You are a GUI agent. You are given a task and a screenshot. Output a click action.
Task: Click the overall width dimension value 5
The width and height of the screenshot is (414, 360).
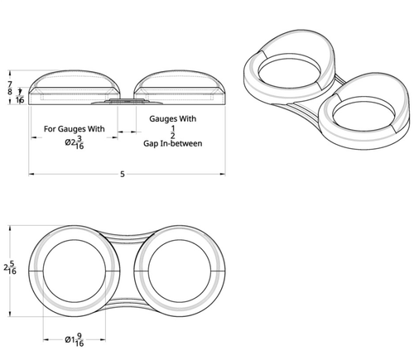pos(123,174)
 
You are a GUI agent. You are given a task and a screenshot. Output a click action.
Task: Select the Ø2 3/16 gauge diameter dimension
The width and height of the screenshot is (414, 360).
pos(75,142)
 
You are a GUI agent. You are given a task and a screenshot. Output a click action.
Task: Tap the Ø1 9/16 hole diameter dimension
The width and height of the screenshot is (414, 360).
pos(75,340)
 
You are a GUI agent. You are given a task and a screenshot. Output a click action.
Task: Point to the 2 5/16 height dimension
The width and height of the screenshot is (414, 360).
pos(10,267)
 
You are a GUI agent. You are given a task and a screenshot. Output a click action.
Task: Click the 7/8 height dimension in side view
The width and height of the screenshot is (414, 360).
pos(10,88)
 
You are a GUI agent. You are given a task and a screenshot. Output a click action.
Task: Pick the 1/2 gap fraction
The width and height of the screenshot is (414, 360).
pos(173,132)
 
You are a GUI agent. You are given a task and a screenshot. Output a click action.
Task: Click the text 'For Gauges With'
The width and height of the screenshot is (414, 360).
pos(75,129)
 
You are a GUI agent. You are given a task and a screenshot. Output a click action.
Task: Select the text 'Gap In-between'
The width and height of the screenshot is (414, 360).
pos(173,143)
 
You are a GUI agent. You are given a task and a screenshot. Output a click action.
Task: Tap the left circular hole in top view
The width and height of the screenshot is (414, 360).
pos(75,271)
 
